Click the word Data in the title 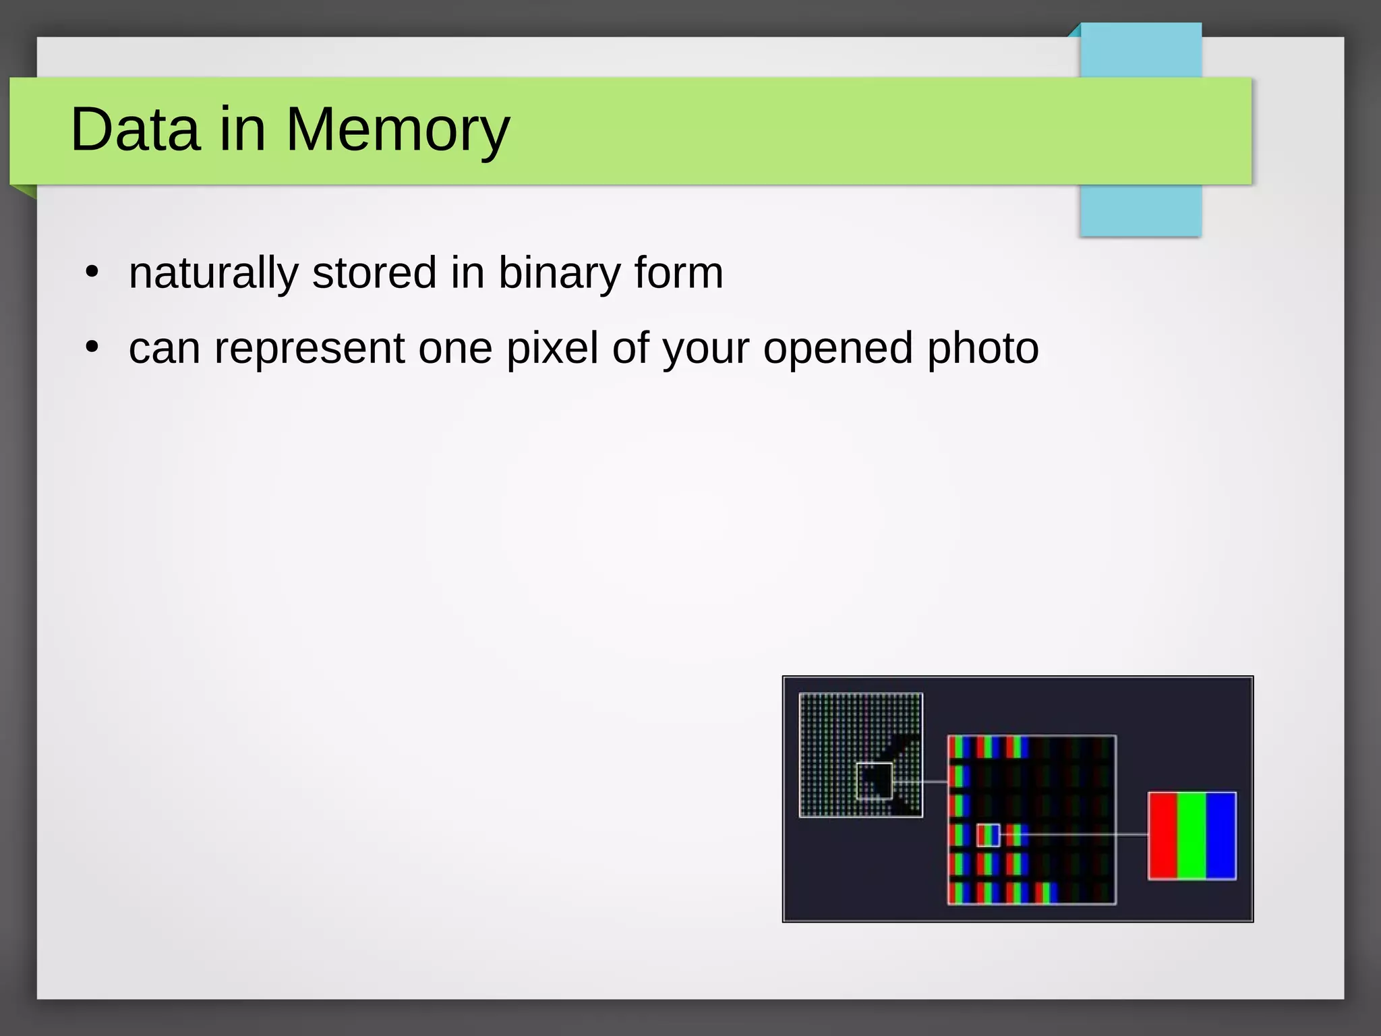135,129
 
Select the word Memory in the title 398,129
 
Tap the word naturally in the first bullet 213,273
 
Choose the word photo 982,349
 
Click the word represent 310,349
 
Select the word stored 374,273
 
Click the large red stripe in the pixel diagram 1163,836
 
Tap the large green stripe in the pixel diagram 1192,836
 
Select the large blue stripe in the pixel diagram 1221,836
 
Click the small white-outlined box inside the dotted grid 875,781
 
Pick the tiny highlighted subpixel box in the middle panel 989,835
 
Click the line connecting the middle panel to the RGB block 1079,835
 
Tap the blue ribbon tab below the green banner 1140,210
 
